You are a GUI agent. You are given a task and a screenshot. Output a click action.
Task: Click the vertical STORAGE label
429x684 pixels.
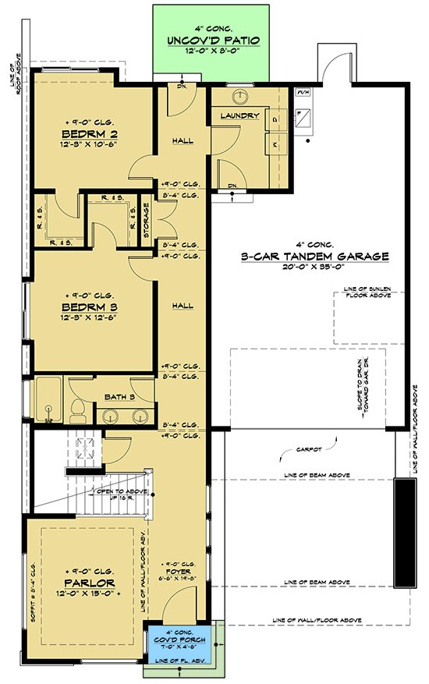tap(145, 220)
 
